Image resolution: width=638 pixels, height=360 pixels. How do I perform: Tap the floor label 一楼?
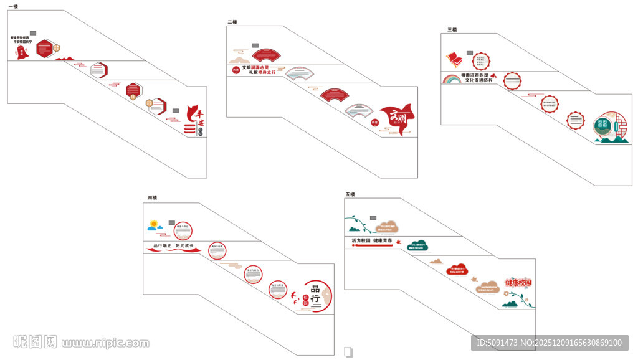point(12,6)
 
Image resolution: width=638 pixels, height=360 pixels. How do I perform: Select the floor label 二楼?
point(232,22)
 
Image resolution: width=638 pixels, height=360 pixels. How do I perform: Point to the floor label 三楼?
point(452,30)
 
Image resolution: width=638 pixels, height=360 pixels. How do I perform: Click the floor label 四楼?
point(152,198)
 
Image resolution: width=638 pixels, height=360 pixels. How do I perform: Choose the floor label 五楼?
point(350,194)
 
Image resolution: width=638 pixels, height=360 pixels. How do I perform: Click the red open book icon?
point(454,60)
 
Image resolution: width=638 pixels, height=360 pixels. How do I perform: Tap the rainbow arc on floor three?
point(451,78)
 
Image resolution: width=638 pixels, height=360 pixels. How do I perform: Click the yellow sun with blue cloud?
point(156,225)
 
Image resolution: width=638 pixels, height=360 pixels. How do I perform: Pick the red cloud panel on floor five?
point(457,270)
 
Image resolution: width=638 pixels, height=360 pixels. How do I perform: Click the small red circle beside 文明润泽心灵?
point(236,70)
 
